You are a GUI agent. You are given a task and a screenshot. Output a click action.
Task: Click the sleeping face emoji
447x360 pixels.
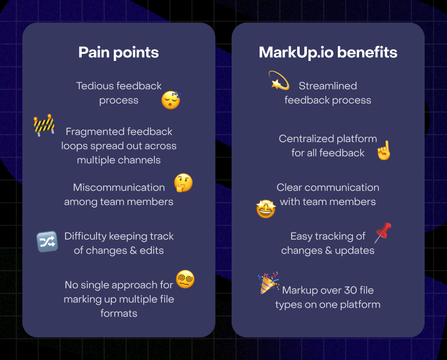tap(171, 100)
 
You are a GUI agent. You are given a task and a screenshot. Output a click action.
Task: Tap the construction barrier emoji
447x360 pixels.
tap(44, 125)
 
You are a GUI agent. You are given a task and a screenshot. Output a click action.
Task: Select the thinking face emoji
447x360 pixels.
tap(183, 183)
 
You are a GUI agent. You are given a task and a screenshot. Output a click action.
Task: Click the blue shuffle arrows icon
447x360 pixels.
tap(47, 242)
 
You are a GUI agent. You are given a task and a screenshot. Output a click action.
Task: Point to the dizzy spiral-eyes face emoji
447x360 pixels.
tap(185, 279)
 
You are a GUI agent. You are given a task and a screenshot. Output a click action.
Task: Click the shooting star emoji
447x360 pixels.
tap(279, 80)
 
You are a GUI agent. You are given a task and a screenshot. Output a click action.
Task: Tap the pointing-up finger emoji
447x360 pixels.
tap(384, 150)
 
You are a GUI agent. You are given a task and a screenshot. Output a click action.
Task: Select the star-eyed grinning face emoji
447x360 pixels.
tap(266, 209)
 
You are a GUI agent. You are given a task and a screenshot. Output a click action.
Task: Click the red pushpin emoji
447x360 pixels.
tap(383, 233)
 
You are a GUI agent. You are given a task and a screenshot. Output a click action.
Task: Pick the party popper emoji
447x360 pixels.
tap(268, 283)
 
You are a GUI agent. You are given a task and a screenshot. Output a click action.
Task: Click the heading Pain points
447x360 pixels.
tap(118, 53)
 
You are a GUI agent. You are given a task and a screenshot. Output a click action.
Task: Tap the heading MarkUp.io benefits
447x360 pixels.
tap(328, 52)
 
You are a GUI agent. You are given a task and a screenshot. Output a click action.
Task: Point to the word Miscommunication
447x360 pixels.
tap(119, 187)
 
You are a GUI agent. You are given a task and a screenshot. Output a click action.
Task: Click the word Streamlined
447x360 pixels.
tap(328, 86)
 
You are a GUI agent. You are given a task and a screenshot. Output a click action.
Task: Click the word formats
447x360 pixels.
tap(119, 313)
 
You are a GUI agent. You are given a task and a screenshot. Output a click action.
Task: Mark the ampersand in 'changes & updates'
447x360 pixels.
tap(329, 250)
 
